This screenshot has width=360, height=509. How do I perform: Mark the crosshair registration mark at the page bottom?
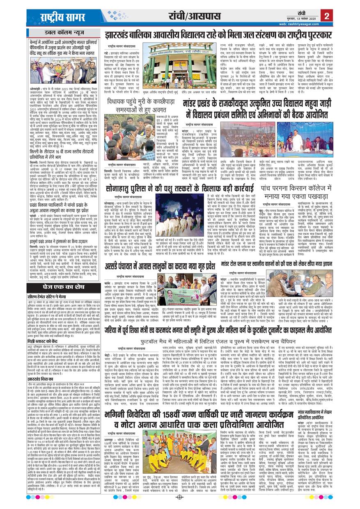click(x=179, y=498)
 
